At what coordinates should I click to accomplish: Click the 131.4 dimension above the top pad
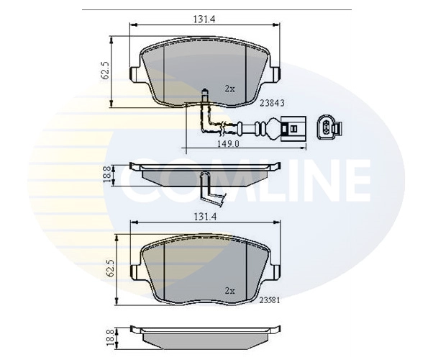[x=204, y=19]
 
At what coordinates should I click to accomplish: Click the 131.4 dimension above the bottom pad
[x=204, y=217]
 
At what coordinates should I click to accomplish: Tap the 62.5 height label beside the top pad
[x=106, y=71]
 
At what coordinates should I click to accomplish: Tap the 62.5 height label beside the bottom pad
[x=111, y=268]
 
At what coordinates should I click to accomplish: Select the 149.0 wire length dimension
[x=229, y=144]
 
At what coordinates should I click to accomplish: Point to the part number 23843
[x=272, y=103]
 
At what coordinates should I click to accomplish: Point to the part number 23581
[x=270, y=300]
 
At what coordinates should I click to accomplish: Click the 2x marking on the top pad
[x=229, y=89]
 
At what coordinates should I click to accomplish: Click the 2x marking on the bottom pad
[x=229, y=291]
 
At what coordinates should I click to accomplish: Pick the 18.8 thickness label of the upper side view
[x=108, y=174]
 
